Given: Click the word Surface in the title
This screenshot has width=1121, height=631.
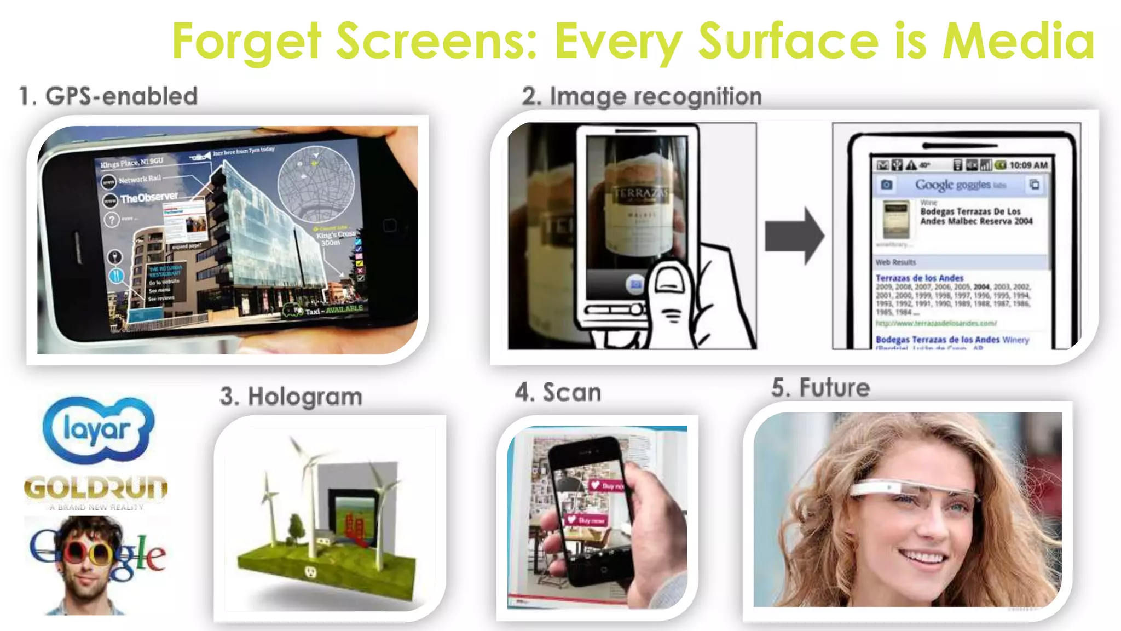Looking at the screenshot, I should point(788,41).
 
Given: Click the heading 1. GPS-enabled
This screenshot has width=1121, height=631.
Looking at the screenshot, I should point(108,96).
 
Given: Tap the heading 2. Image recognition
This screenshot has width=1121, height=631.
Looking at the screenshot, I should point(642,97).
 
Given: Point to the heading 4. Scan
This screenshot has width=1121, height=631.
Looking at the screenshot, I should point(558,393).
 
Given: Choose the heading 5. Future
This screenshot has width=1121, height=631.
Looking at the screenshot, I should point(820,388).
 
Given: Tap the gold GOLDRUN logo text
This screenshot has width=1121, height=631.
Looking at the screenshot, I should point(96,487).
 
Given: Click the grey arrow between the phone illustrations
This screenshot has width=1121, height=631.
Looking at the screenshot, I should point(794,236).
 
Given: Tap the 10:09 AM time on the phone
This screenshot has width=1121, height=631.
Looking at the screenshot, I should point(1028,165).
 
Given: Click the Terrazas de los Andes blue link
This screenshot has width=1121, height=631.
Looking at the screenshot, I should point(919,278).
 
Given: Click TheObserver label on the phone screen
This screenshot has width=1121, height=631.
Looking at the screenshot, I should point(149,197).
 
